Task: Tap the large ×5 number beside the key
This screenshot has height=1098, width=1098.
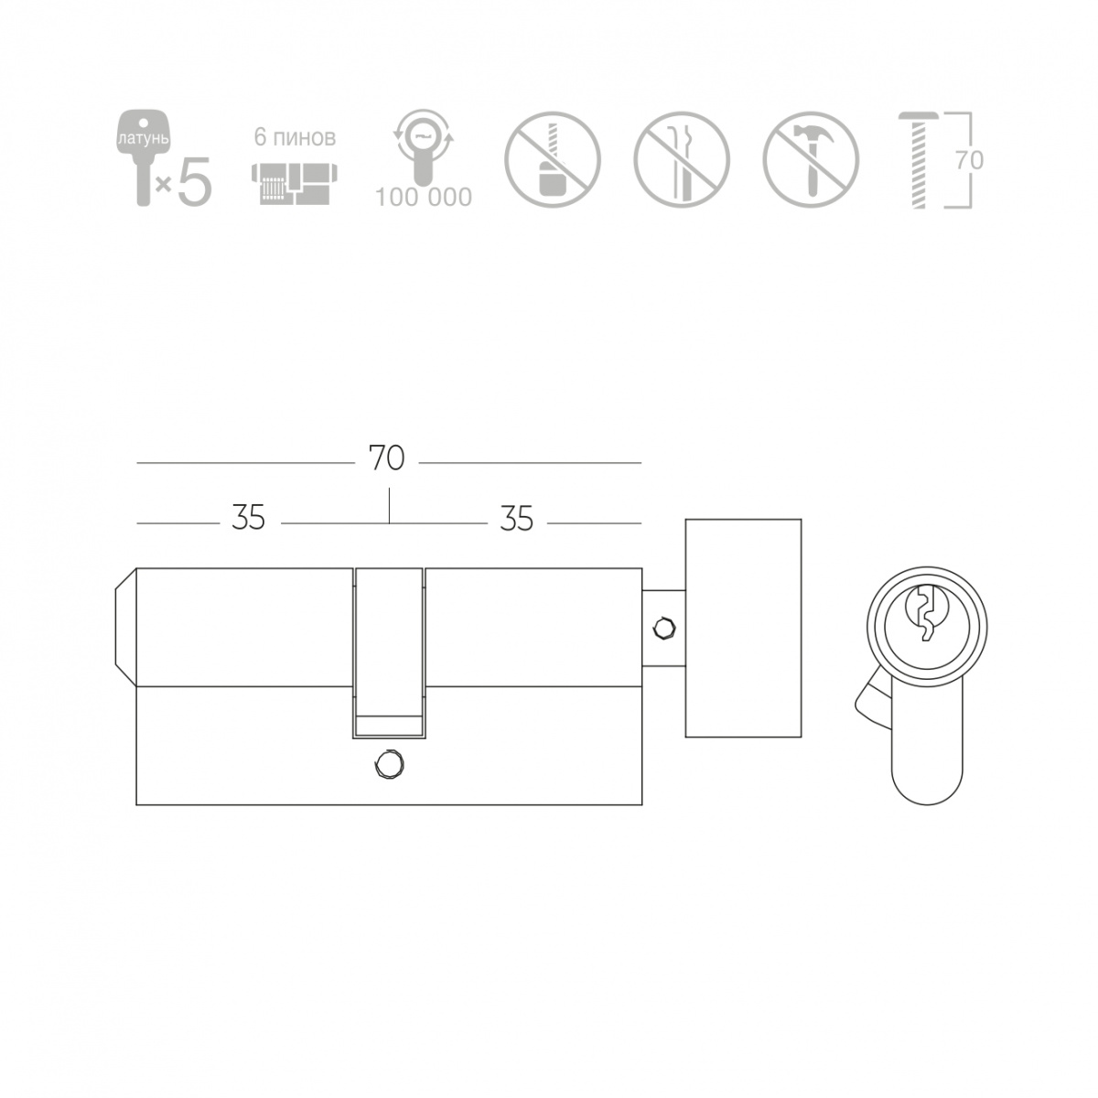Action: click(x=185, y=179)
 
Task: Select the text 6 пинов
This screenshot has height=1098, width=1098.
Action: click(x=295, y=137)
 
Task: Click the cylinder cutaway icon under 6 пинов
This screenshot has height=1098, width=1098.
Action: click(x=294, y=184)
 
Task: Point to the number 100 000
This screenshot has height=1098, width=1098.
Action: click(x=424, y=197)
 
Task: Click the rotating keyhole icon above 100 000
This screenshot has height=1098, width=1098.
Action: click(x=423, y=147)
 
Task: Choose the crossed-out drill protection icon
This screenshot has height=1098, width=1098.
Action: click(x=552, y=159)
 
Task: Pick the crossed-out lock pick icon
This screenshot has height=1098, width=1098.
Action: click(x=682, y=159)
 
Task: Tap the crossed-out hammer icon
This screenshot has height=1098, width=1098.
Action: click(x=811, y=159)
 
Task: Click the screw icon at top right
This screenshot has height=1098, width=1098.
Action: click(x=919, y=160)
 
